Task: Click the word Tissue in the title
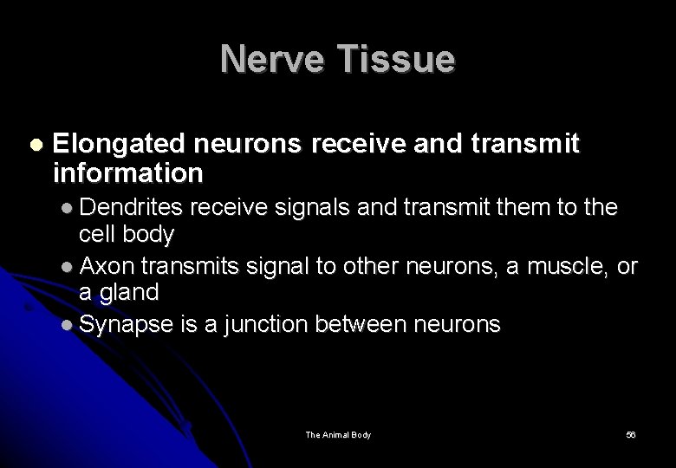396,60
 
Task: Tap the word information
127,174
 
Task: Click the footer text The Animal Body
338,434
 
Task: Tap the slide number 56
630,434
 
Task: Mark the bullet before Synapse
70,326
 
